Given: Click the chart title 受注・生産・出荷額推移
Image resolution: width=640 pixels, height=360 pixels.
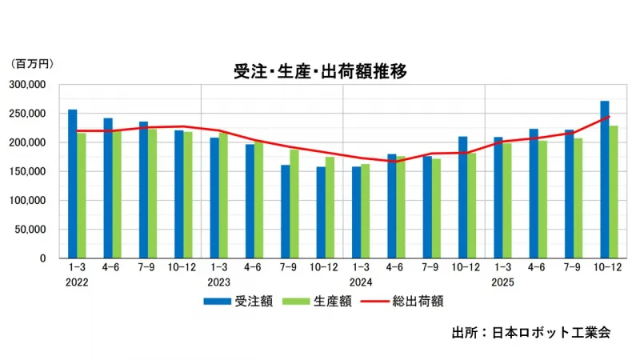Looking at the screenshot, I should (320, 71).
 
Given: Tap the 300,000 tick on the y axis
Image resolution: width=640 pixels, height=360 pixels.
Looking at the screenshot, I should (29, 85).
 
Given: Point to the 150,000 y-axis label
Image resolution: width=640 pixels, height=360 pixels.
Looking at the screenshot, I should (29, 172).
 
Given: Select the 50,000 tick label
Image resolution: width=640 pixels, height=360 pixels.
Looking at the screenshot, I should (32, 230).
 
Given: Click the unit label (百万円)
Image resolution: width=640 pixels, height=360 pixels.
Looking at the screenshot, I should (28, 62).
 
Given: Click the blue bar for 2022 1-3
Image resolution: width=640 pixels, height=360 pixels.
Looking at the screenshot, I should (73, 184).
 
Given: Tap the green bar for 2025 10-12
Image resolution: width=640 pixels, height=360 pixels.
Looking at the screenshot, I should (614, 192).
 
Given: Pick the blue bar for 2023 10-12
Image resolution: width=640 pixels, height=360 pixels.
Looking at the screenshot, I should (321, 212).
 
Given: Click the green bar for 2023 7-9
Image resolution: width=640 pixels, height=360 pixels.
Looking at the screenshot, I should (294, 204).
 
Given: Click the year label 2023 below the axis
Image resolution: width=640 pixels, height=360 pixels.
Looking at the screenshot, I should (219, 282).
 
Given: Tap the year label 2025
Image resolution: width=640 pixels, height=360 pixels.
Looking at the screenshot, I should (503, 282).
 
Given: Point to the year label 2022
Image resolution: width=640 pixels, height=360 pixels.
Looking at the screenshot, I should (78, 282).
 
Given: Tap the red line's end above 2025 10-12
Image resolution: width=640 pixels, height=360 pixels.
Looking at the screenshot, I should (609, 117).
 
